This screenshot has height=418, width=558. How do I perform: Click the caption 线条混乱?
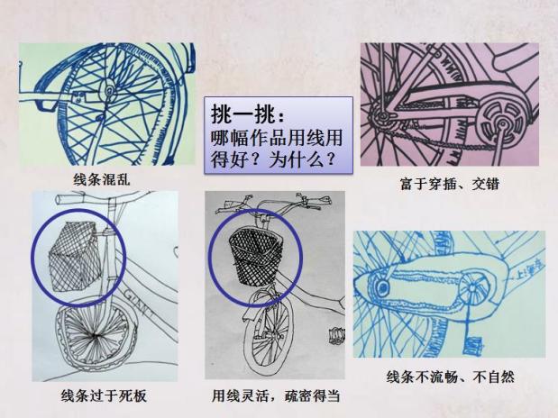pyautogui.click(x=101, y=178)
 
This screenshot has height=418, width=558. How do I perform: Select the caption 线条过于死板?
pyautogui.click(x=97, y=395)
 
